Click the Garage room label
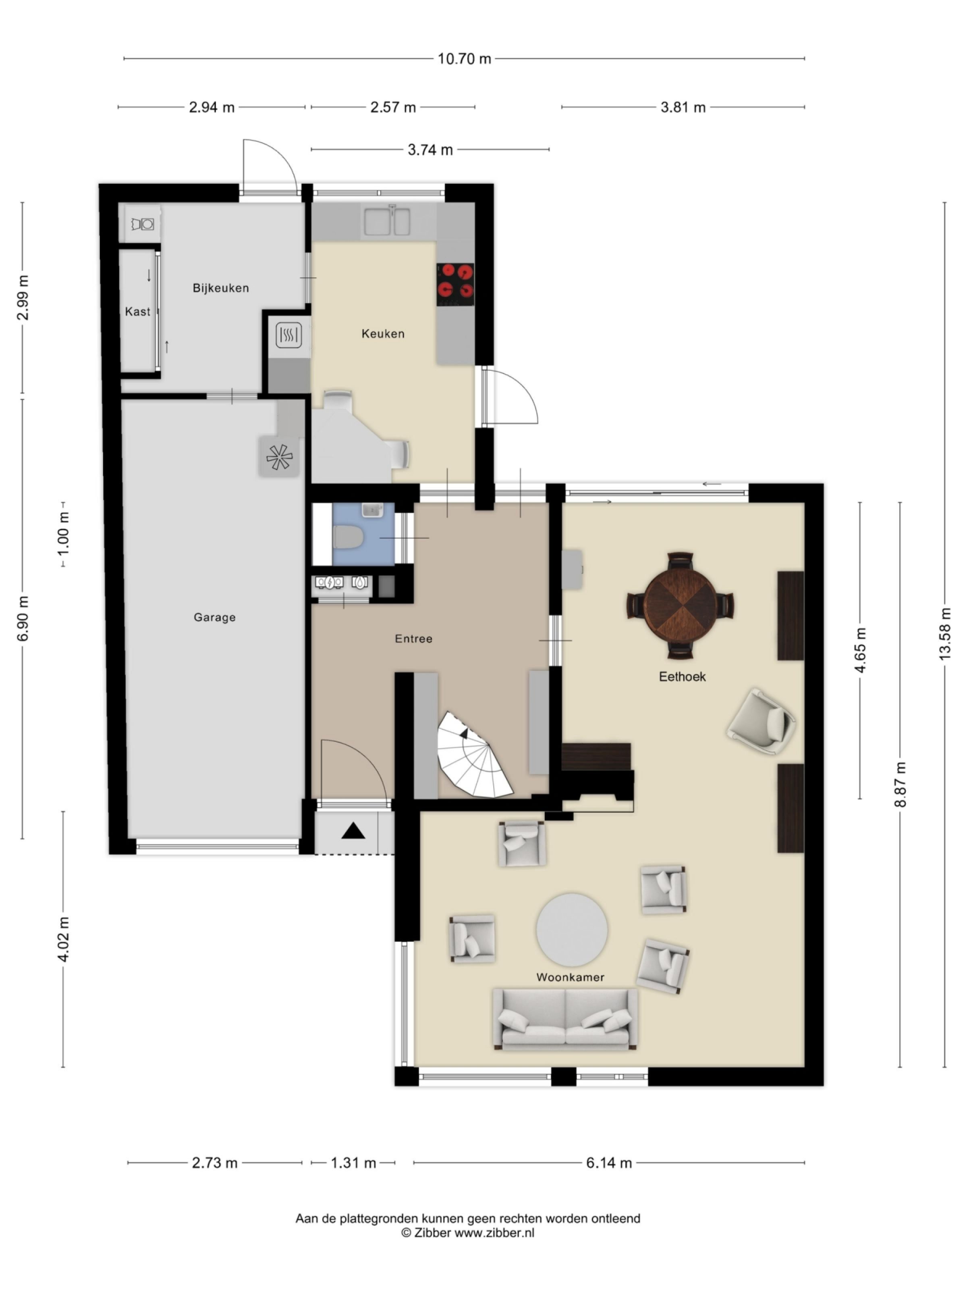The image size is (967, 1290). [214, 617]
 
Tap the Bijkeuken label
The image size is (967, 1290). [220, 287]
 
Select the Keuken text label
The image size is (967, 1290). [382, 333]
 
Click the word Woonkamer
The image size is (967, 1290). [569, 977]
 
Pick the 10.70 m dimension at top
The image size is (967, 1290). [464, 58]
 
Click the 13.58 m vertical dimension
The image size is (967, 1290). [944, 634]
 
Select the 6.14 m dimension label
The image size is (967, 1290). [608, 1163]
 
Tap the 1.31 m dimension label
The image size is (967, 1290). [353, 1163]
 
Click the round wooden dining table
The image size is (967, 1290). [680, 605]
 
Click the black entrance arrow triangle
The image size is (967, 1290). [353, 830]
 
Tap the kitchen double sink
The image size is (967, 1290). [387, 222]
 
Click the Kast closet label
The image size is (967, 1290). [137, 312]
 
